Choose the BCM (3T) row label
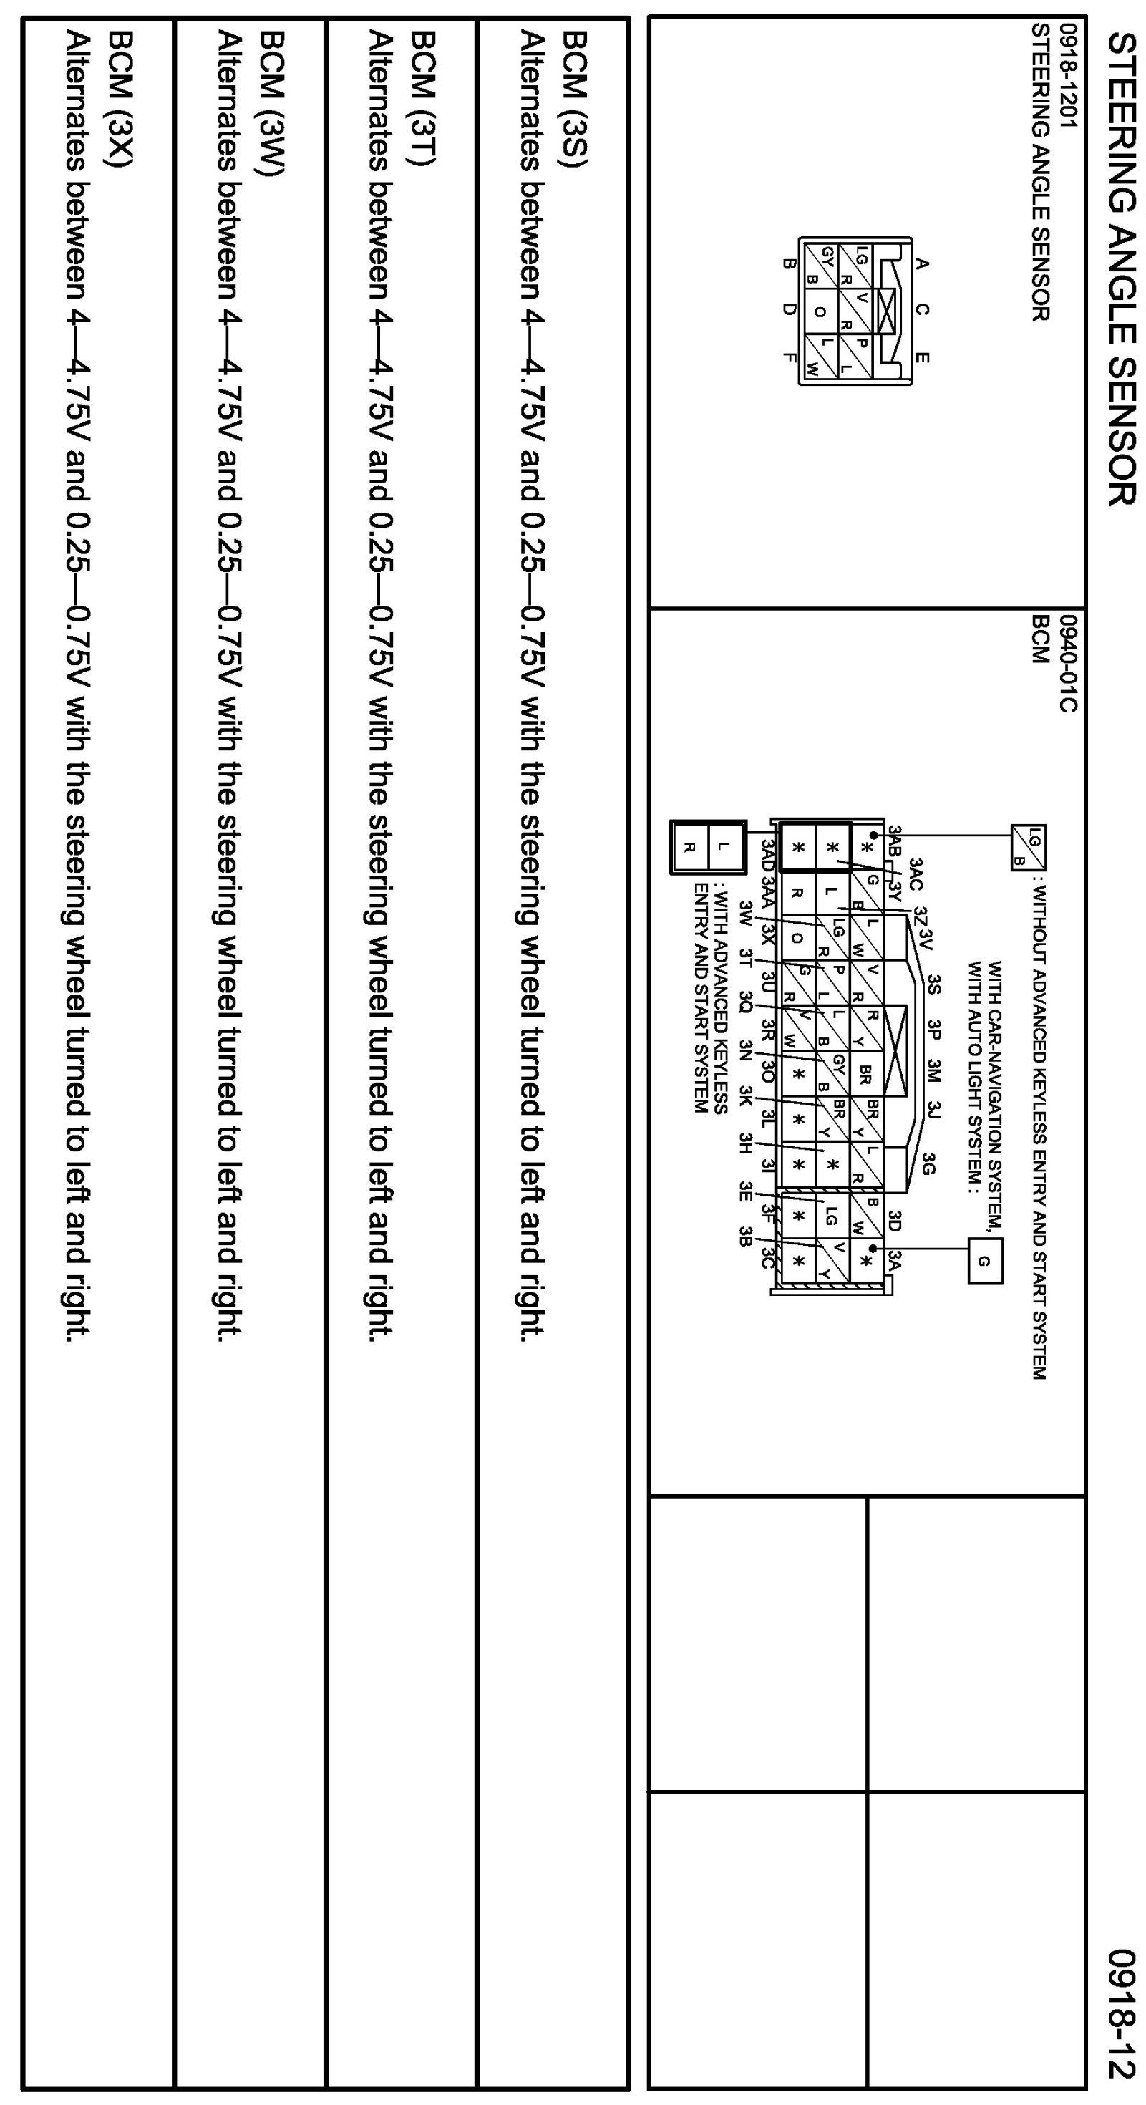tap(424, 99)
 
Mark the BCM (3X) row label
tap(121, 99)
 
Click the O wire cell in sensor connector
tap(821, 311)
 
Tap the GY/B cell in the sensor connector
tap(820, 265)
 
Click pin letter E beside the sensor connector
tap(921, 357)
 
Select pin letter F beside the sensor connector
tap(788, 357)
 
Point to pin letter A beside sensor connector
tap(921, 263)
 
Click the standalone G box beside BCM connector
tap(984, 1261)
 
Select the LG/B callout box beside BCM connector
tap(1029, 848)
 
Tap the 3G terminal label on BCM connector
tap(928, 1163)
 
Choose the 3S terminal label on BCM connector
tap(934, 984)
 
